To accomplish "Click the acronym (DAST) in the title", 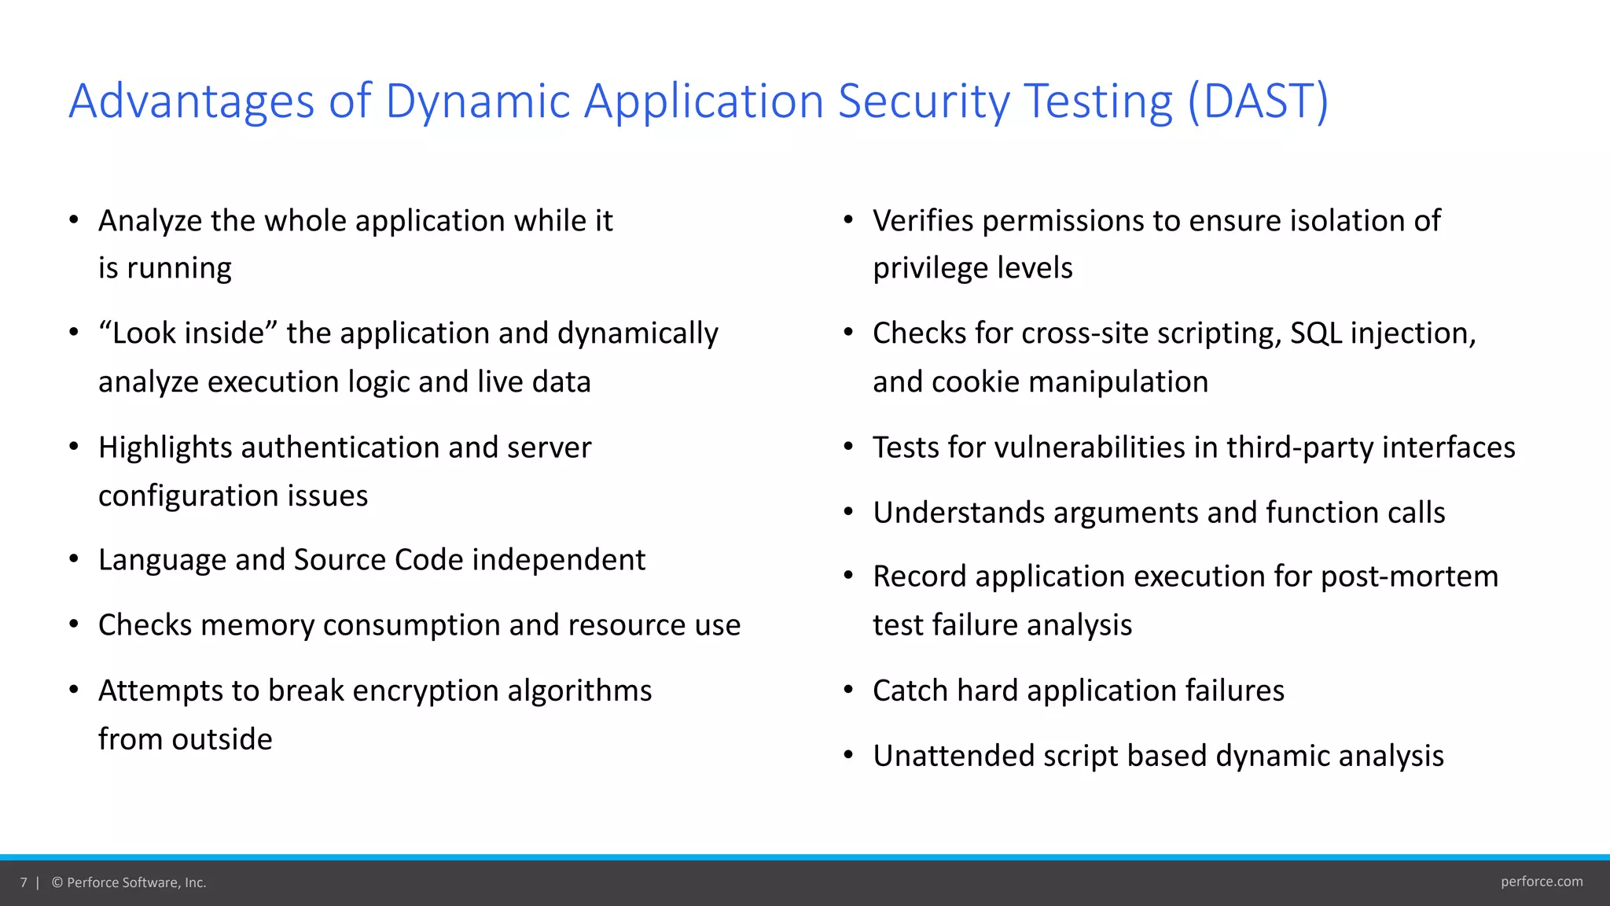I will pyautogui.click(x=1257, y=101).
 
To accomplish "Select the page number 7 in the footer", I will pyautogui.click(x=24, y=882).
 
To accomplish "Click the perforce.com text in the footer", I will pyautogui.click(x=1542, y=882).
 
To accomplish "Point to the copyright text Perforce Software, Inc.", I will pyautogui.click(x=136, y=882).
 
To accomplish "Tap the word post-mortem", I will pyautogui.click(x=1410, y=576).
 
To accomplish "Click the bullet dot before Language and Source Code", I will pyautogui.click(x=73, y=559).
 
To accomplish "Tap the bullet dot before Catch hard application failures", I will pyautogui.click(x=848, y=690).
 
